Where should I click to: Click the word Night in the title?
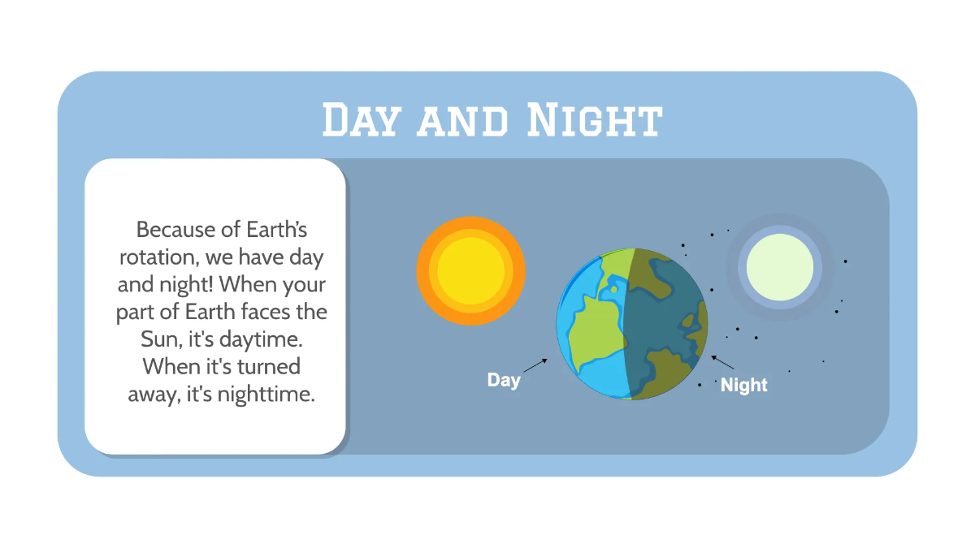[x=593, y=120]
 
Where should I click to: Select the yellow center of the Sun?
[x=471, y=270]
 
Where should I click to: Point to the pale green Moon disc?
[x=780, y=266]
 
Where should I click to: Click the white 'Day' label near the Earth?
[x=504, y=380]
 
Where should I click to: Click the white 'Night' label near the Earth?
[x=743, y=386]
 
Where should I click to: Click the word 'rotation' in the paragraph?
[x=156, y=258]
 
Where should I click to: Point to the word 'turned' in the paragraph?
[x=268, y=366]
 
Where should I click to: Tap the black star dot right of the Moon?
[x=845, y=261]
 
